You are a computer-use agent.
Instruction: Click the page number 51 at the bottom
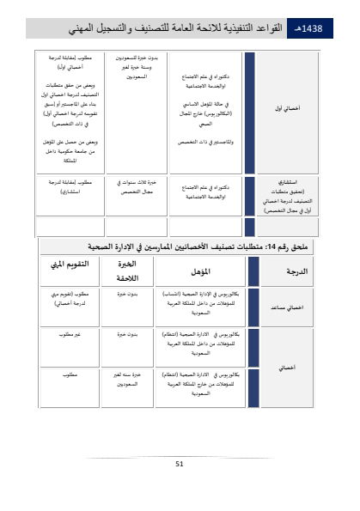180,464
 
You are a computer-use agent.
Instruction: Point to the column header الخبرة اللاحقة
131,270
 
